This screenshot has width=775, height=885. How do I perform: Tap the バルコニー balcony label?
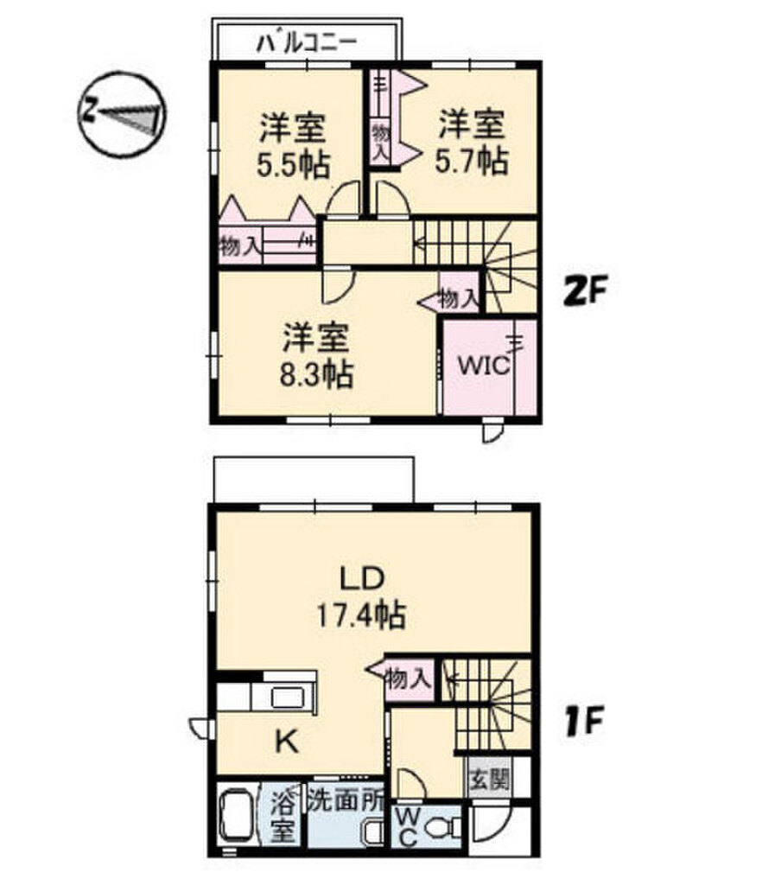pyautogui.click(x=307, y=42)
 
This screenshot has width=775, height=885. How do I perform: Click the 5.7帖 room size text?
pyautogui.click(x=471, y=162)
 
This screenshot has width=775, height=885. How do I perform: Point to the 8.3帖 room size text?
pyautogui.click(x=315, y=374)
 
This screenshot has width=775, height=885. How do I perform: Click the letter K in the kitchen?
pyautogui.click(x=288, y=742)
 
